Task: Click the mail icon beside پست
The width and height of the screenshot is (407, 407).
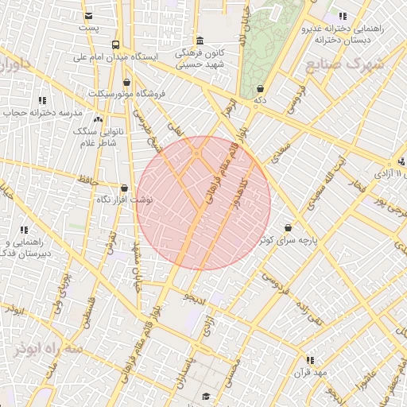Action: click(88, 16)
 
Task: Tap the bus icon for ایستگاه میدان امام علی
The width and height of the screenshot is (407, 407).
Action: click(116, 45)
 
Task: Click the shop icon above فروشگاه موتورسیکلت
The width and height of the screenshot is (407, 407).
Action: click(128, 82)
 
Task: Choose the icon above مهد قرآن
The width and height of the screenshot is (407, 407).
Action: click(310, 360)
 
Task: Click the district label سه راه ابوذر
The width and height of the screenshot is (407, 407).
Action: click(48, 349)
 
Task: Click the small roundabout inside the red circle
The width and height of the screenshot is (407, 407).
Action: click(196, 153)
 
